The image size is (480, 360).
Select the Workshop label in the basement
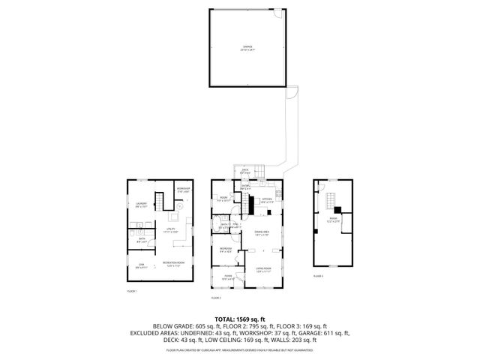[183, 190]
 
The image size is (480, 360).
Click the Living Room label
[263, 270]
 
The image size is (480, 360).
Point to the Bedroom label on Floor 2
[224, 250]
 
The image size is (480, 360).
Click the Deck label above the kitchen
[245, 171]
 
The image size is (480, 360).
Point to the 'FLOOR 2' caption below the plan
[217, 298]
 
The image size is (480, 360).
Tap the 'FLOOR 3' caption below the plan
[318, 276]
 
